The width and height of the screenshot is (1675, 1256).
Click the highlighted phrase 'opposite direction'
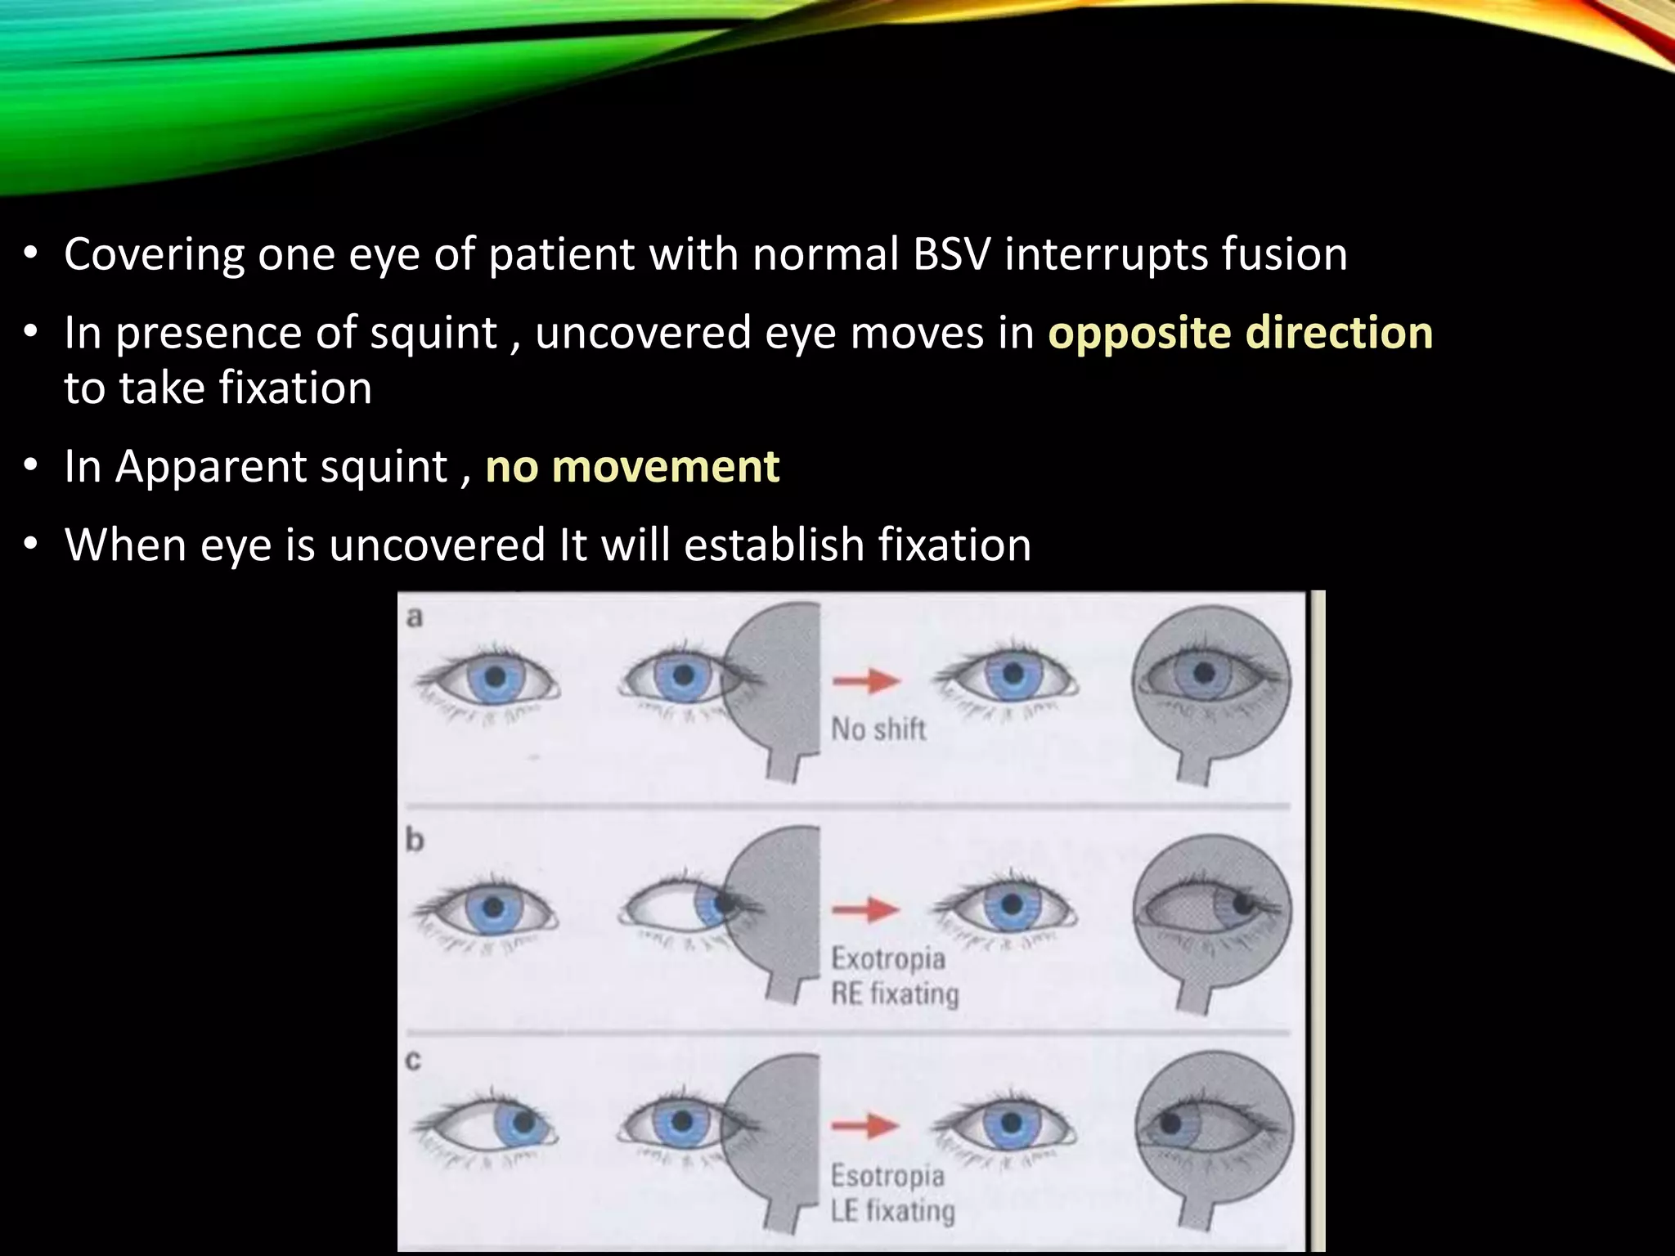pos(1240,333)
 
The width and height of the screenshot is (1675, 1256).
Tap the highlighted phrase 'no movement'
pos(632,466)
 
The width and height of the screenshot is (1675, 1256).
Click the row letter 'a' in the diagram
pos(415,618)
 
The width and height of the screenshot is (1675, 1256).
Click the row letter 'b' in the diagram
pos(415,840)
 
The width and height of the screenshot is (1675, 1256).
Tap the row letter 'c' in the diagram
pos(414,1061)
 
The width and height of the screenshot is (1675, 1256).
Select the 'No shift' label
pos(878,729)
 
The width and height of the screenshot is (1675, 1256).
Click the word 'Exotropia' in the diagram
pos(888,958)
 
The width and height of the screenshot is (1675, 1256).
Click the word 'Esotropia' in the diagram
pos(887,1176)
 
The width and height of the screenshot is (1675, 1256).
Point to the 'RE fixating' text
pos(895,994)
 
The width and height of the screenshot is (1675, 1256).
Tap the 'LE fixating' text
pos(892,1211)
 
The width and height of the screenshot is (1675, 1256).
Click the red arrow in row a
pos(866,680)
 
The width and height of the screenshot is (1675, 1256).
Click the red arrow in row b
pos(866,908)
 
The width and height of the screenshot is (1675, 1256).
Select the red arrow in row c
pos(866,1126)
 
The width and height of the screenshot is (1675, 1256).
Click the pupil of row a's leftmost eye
pos(495,677)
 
